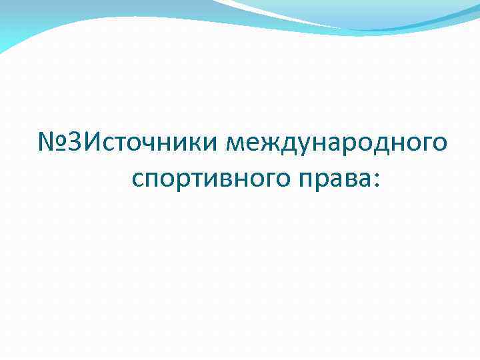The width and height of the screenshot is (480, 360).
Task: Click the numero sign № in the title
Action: point(52,143)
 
